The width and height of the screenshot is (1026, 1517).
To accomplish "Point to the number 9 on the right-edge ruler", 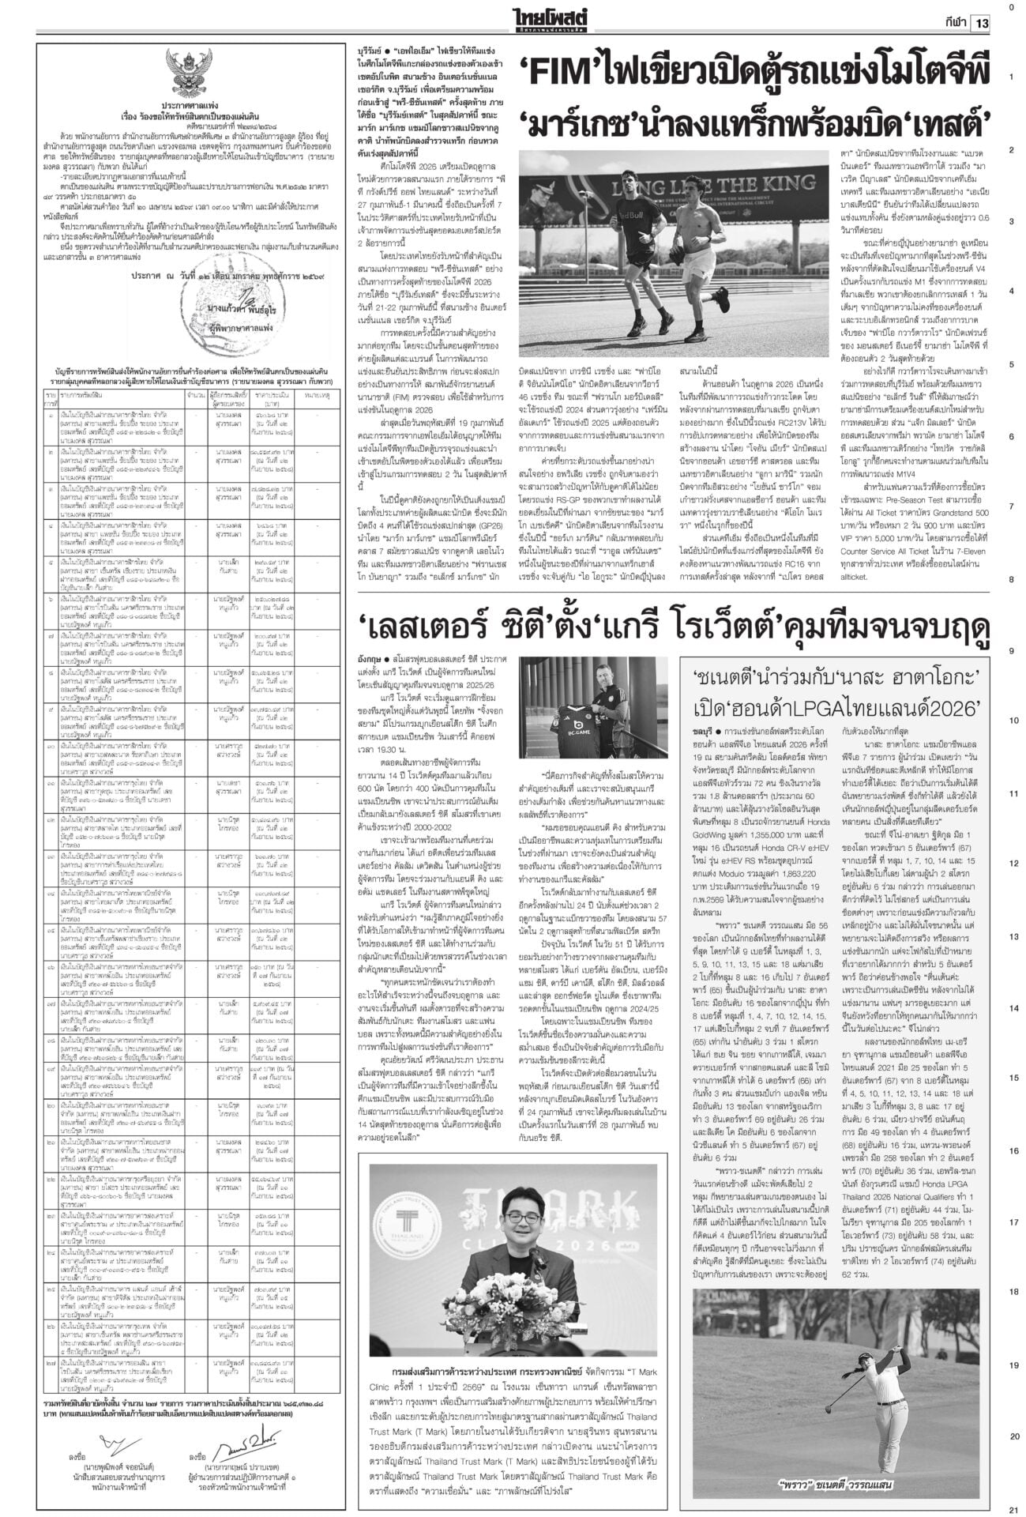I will tap(1012, 651).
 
